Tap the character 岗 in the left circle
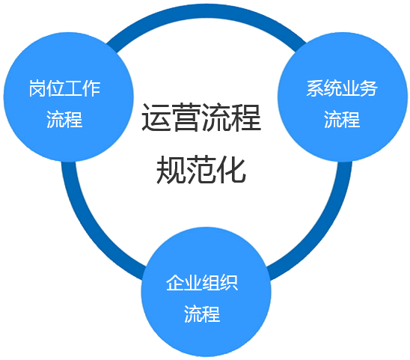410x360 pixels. pyautogui.click(x=37, y=90)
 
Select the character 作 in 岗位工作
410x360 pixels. pyautogui.click(x=91, y=90)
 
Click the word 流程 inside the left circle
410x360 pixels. pyautogui.click(x=64, y=120)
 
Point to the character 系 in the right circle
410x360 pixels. pyautogui.click(x=314, y=88)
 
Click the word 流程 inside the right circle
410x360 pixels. pyautogui.click(x=342, y=119)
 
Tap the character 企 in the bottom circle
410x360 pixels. pyautogui.click(x=175, y=283)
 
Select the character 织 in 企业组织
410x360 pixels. pyautogui.click(x=229, y=283)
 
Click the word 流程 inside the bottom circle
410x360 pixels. pyautogui.click(x=202, y=314)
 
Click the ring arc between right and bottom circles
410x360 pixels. pyautogui.click(x=323, y=225)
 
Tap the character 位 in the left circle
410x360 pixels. pyautogui.click(x=55, y=90)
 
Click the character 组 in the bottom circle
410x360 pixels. pyautogui.click(x=211, y=283)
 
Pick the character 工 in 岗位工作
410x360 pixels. pyautogui.click(x=73, y=90)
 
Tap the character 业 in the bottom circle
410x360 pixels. pyautogui.click(x=193, y=283)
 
